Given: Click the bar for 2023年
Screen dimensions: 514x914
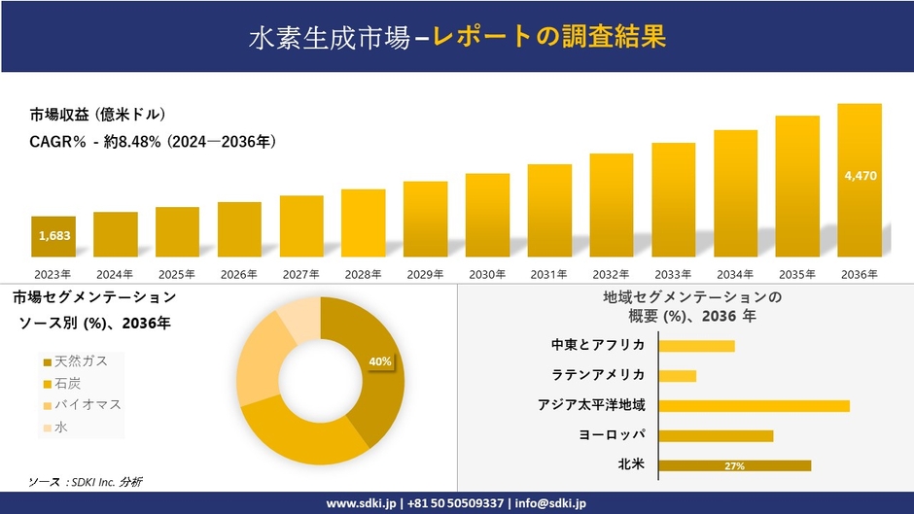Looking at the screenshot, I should click(53, 236).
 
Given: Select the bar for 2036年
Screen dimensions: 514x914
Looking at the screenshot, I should click(860, 180).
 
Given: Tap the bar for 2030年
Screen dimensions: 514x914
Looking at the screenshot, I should click(487, 215).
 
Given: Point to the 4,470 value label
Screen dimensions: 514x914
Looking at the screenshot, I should click(861, 176).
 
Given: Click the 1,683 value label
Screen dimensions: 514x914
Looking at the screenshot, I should click(53, 236).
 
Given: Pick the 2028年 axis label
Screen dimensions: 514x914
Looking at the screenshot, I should click(363, 274).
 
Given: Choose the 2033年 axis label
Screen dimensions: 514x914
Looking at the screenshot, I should click(673, 274).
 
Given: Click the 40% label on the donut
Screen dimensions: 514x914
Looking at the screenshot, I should click(380, 361).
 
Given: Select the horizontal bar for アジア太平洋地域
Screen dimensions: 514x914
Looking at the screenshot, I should click(754, 405).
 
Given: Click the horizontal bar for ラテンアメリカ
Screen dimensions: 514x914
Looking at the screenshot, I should click(677, 375).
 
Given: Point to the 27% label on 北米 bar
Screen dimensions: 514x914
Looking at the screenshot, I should click(734, 466).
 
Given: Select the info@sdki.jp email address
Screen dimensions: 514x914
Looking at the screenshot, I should click(550, 503).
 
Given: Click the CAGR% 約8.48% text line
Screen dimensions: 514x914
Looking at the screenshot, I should click(153, 142).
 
